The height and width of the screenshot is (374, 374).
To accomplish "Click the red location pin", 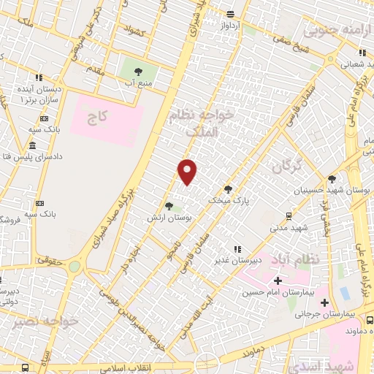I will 188,172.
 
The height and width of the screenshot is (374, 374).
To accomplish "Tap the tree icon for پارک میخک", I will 228,188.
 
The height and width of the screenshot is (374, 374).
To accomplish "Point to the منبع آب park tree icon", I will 137,71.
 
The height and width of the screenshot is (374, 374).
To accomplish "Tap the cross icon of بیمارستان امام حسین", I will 278,280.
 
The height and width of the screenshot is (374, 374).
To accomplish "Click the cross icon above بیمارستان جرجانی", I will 324,302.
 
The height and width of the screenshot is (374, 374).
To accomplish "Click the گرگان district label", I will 286,167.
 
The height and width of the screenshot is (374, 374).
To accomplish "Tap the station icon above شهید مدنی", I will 289,215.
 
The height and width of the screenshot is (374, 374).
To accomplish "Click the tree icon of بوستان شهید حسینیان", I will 332,178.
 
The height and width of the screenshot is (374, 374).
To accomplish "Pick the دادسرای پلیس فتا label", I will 34,157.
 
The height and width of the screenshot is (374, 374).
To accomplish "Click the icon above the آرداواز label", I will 230,14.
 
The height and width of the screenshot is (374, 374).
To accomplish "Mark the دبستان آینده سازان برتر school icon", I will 38,77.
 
